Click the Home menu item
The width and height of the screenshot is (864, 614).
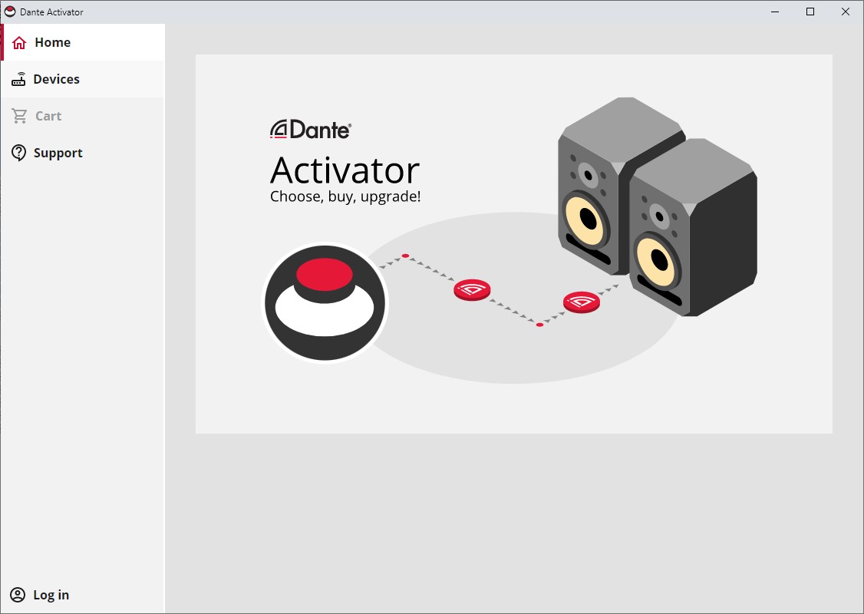pyautogui.click(x=83, y=42)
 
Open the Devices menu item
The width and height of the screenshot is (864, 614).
pyautogui.click(x=83, y=79)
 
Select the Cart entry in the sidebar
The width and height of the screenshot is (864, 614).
pyautogui.click(x=83, y=117)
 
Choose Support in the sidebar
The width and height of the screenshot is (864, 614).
pyautogui.click(x=83, y=153)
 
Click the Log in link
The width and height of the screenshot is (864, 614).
pyautogui.click(x=51, y=595)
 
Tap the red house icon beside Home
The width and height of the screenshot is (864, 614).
pyautogui.click(x=19, y=42)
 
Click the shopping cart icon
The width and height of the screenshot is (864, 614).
pyautogui.click(x=19, y=116)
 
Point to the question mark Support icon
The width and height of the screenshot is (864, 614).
pyautogui.click(x=18, y=153)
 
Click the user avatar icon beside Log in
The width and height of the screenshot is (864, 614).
pyautogui.click(x=18, y=595)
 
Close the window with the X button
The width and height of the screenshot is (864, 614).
pyautogui.click(x=846, y=12)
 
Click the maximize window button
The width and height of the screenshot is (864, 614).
pyautogui.click(x=810, y=12)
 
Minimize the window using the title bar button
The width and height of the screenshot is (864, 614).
pyautogui.click(x=775, y=12)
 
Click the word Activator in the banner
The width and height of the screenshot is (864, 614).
pyautogui.click(x=345, y=170)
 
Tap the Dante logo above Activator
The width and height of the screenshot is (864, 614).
pyautogui.click(x=310, y=130)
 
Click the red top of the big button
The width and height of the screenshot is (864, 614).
pyautogui.click(x=325, y=274)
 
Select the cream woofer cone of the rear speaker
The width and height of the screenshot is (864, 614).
pyautogui.click(x=585, y=219)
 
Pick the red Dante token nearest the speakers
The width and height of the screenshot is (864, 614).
pyautogui.click(x=582, y=302)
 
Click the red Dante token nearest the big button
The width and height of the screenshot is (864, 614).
pyautogui.click(x=472, y=290)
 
